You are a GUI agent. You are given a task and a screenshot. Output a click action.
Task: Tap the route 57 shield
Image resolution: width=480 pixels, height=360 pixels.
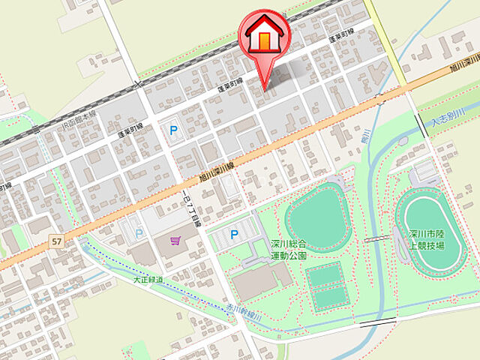coord(56,241)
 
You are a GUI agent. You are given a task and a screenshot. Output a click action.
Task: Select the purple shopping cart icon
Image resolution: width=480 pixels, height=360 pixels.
coord(175,241)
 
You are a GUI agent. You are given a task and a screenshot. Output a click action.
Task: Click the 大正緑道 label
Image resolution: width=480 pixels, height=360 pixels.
coord(148,280)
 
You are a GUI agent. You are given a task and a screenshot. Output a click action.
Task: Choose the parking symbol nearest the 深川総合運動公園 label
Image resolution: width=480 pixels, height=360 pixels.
coord(235,235)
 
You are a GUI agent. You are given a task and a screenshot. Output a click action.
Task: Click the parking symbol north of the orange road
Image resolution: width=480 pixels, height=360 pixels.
coord(174,130)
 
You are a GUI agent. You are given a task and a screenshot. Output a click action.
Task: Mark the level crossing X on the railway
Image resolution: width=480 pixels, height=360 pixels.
coord(137,85)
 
